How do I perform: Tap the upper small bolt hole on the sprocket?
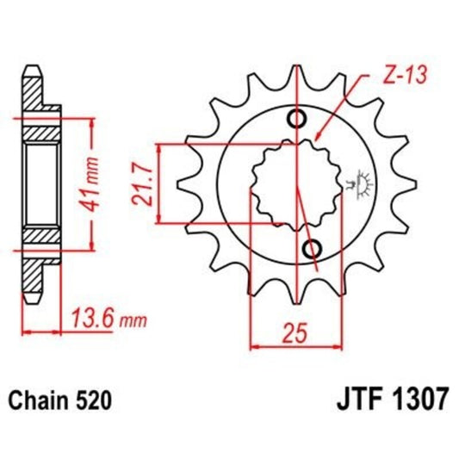pyautogui.click(x=299, y=119)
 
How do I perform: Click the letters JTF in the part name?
pyautogui.click(x=350, y=400)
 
